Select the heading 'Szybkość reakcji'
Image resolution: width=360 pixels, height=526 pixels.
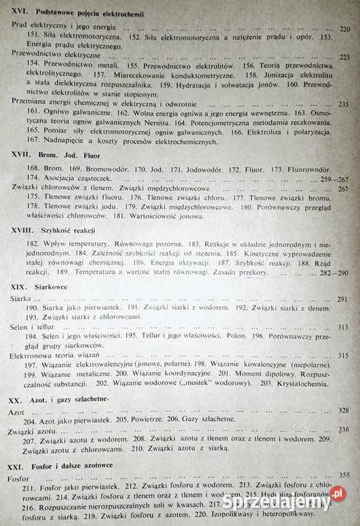pyautogui.click(x=74, y=229)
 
